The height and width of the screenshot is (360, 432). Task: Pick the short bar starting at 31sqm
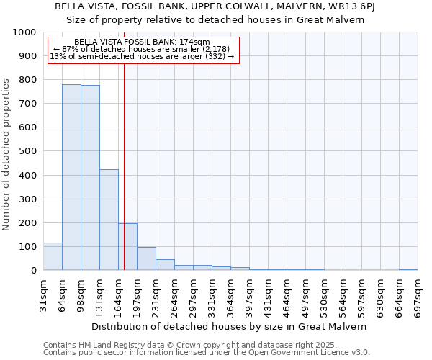(53, 256)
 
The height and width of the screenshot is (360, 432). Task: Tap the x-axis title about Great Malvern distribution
(230, 326)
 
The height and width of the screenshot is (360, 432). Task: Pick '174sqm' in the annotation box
(194, 42)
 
